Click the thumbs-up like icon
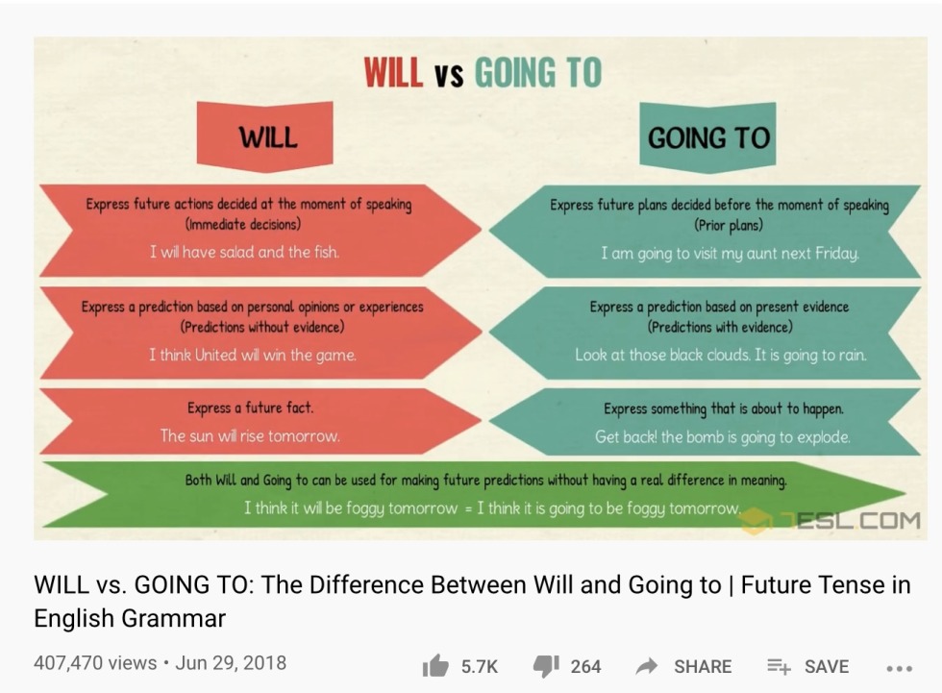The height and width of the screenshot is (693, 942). (434, 666)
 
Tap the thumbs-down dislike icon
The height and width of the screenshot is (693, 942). (546, 666)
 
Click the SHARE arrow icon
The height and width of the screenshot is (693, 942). (647, 666)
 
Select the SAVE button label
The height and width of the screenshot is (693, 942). (827, 666)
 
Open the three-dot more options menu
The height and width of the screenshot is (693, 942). (899, 667)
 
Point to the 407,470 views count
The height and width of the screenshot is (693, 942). (95, 663)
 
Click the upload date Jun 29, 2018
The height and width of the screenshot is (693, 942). (231, 663)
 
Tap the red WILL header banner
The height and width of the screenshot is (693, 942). (266, 136)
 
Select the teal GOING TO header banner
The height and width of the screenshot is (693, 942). (708, 137)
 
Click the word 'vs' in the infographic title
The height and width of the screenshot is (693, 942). (448, 75)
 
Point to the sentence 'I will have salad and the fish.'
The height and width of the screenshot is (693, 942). (244, 252)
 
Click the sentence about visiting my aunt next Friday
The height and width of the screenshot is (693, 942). (730, 253)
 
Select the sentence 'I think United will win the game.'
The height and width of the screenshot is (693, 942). (252, 355)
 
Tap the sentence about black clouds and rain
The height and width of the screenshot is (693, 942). (720, 355)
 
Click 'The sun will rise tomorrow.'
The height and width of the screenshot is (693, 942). (250, 435)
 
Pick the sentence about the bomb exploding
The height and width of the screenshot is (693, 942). (722, 436)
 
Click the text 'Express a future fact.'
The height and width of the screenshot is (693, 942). (250, 408)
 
